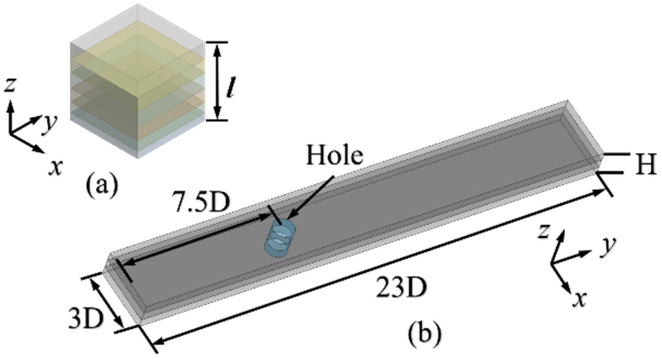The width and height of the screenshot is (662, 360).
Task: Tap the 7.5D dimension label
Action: coord(201,203)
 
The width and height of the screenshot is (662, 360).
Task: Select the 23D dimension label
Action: coord(401,289)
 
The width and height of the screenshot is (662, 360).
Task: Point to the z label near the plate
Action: coord(543,232)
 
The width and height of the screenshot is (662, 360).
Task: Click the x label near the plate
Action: coord(578,300)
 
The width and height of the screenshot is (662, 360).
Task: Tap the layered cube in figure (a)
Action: coord(137,82)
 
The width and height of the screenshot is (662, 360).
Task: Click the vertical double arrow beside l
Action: coord(218,81)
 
